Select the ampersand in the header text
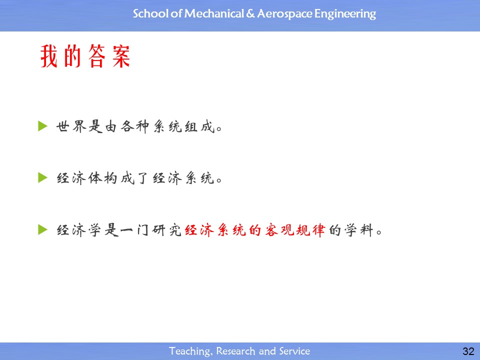pyautogui.click(x=250, y=14)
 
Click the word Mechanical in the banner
pyautogui.click(x=214, y=13)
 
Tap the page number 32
pyautogui.click(x=468, y=351)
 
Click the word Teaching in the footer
pyautogui.click(x=190, y=351)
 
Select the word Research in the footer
pyautogui.click(x=235, y=351)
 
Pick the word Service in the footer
pyautogui.click(x=294, y=351)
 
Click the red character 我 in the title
pyautogui.click(x=49, y=56)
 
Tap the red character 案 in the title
pyautogui.click(x=121, y=56)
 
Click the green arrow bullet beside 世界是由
pyautogui.click(x=42, y=126)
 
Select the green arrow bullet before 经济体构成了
pyautogui.click(x=42, y=177)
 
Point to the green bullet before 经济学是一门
pyautogui.click(x=42, y=229)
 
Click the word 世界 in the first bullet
pyautogui.click(x=71, y=126)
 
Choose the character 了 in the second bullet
pyautogui.click(x=142, y=178)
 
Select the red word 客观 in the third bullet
pyautogui.click(x=279, y=230)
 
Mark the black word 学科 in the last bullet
pyautogui.click(x=359, y=230)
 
